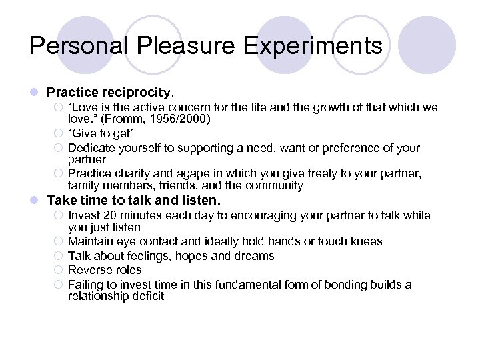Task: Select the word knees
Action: (367, 241)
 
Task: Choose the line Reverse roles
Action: (105, 270)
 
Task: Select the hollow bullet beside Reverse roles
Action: (58, 270)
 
